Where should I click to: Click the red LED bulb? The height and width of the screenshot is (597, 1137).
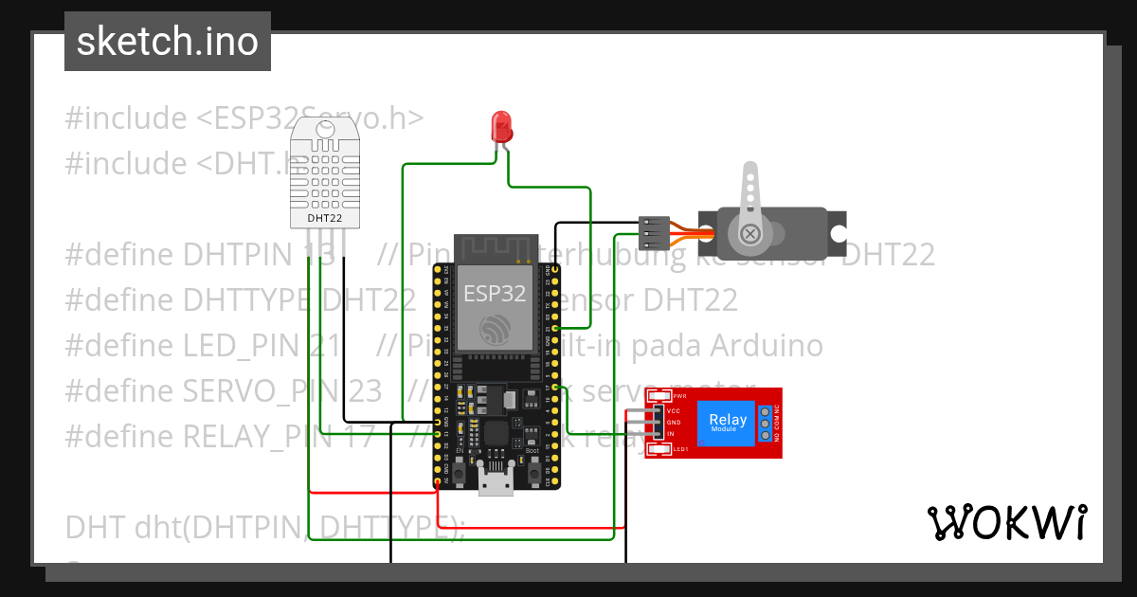click(500, 126)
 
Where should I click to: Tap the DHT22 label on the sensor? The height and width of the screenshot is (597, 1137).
click(325, 218)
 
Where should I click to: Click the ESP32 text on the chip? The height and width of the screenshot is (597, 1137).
click(494, 293)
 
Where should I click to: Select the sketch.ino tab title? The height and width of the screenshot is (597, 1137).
click(168, 42)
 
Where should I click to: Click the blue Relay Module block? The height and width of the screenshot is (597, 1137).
click(727, 422)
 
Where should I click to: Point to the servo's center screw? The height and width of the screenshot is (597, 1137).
click(749, 233)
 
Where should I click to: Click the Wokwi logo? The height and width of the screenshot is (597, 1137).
click(1006, 522)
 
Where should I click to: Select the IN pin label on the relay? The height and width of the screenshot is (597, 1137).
click(671, 434)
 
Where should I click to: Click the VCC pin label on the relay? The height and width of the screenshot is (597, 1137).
click(672, 410)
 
